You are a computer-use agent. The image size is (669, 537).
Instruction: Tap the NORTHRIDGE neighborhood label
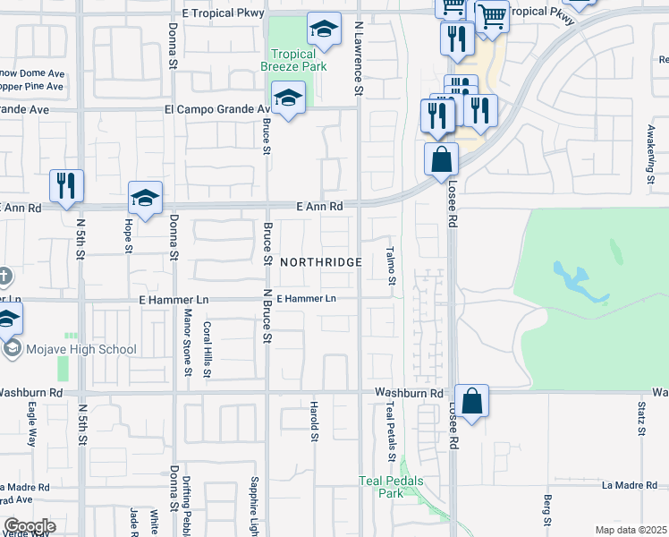click(x=321, y=262)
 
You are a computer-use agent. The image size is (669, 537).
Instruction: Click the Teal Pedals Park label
click(x=391, y=487)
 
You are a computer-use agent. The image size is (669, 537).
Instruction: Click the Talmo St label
click(x=392, y=267)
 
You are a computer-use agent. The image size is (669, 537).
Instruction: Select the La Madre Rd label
click(x=631, y=485)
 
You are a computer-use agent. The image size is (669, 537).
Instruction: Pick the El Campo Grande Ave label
click(x=216, y=109)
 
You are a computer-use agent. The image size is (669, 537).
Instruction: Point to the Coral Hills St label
click(x=207, y=349)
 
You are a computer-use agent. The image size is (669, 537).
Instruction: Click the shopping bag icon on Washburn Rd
click(x=472, y=400)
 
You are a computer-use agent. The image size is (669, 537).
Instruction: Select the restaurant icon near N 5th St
click(x=66, y=185)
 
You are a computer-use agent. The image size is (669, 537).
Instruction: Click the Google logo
click(x=30, y=527)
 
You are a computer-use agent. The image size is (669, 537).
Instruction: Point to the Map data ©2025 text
click(x=631, y=530)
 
